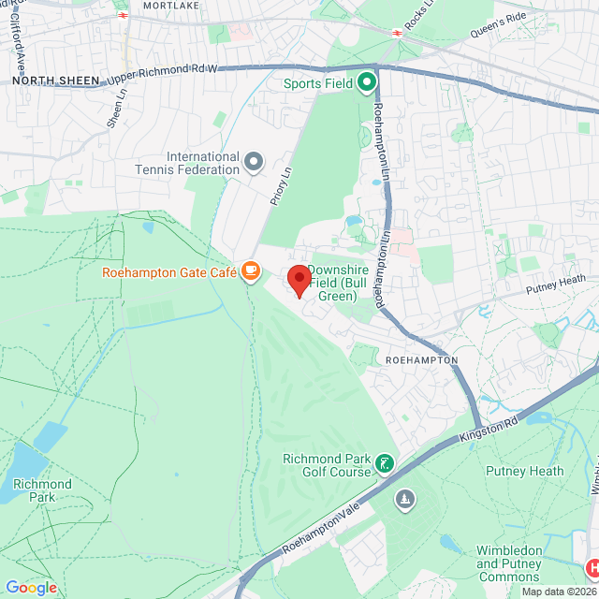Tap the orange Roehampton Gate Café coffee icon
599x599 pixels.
click(x=250, y=271)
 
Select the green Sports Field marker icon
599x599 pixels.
click(x=366, y=83)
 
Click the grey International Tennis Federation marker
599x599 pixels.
click(x=254, y=163)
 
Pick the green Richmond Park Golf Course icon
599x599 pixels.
click(x=384, y=463)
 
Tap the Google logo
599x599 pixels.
click(x=31, y=588)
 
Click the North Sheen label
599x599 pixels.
click(x=55, y=81)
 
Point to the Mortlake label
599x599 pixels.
click(x=171, y=6)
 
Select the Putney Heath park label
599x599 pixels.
click(x=524, y=472)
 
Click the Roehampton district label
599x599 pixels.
click(x=421, y=359)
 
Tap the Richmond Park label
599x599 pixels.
click(x=41, y=490)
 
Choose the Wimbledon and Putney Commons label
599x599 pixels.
click(x=508, y=563)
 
